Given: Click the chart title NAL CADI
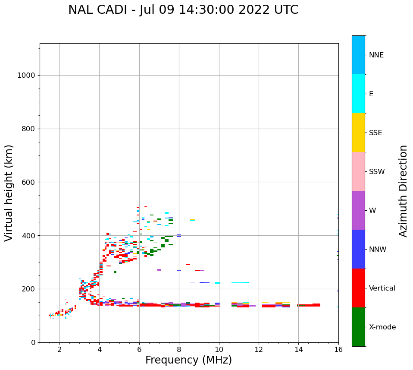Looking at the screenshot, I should [183, 10].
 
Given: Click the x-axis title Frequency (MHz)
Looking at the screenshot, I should [188, 360].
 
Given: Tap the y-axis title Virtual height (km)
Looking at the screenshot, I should [9, 193].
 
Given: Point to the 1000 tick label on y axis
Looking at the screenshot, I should [26, 76].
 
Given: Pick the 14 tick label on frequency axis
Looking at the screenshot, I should [298, 349].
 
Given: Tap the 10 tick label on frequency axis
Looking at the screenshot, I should [219, 349].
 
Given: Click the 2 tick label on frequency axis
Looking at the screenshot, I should [59, 349].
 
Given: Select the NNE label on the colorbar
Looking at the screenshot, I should [376, 55].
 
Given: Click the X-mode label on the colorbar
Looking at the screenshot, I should [382, 327].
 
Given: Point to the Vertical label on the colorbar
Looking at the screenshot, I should [382, 288].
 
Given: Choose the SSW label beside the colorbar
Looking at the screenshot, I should [377, 172].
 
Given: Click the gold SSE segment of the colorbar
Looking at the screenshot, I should [358, 133].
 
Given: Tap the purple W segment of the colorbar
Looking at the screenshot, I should [358, 210].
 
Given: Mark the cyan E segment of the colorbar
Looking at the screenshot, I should [358, 94].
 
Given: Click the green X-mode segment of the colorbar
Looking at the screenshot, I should [358, 327].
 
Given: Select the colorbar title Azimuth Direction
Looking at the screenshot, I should [404, 191].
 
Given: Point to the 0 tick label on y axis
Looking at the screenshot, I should [33, 342].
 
